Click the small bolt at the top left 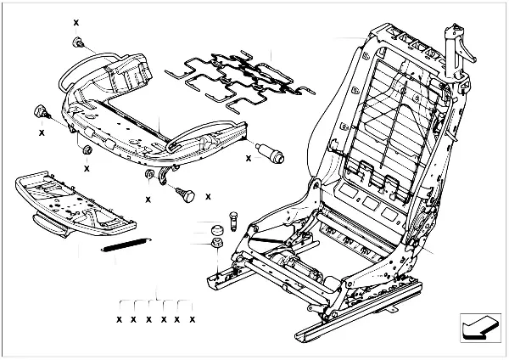(78, 42)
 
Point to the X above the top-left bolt (76, 21)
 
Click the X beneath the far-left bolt (41, 132)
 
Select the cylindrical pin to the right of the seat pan (272, 157)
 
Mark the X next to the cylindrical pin (249, 157)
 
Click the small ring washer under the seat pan (149, 177)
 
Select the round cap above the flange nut (215, 228)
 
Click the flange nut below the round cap (216, 246)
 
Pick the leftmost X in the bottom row (119, 319)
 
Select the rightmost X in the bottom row (193, 319)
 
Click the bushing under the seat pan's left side (86, 151)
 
